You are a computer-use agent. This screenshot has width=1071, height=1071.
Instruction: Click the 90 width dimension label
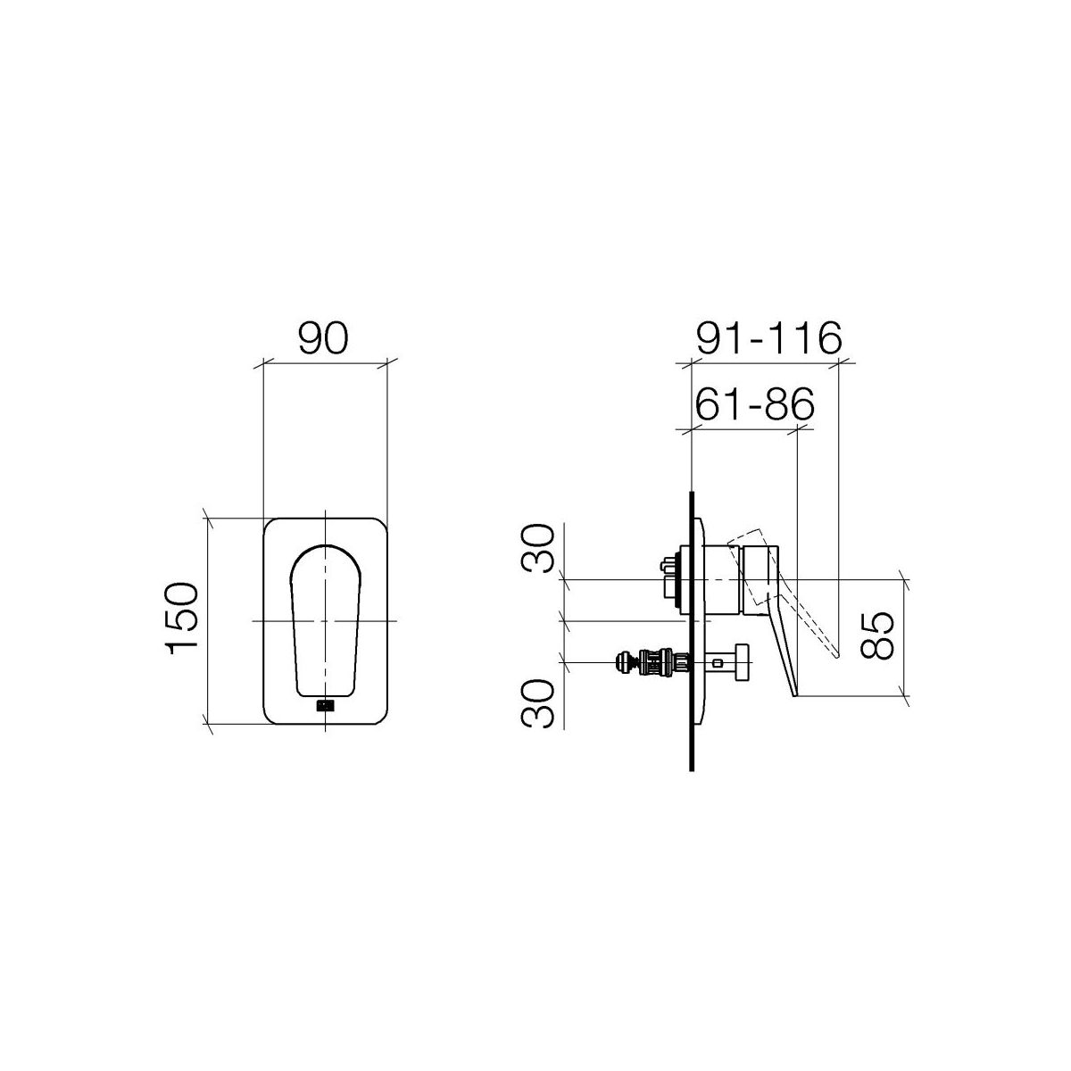pyautogui.click(x=323, y=338)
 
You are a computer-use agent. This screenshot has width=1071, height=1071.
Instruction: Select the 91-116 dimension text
pyautogui.click(x=769, y=338)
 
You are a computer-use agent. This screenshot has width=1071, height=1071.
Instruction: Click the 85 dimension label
pyautogui.click(x=876, y=635)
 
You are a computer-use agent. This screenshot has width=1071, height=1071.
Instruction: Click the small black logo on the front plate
pyautogui.click(x=325, y=705)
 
